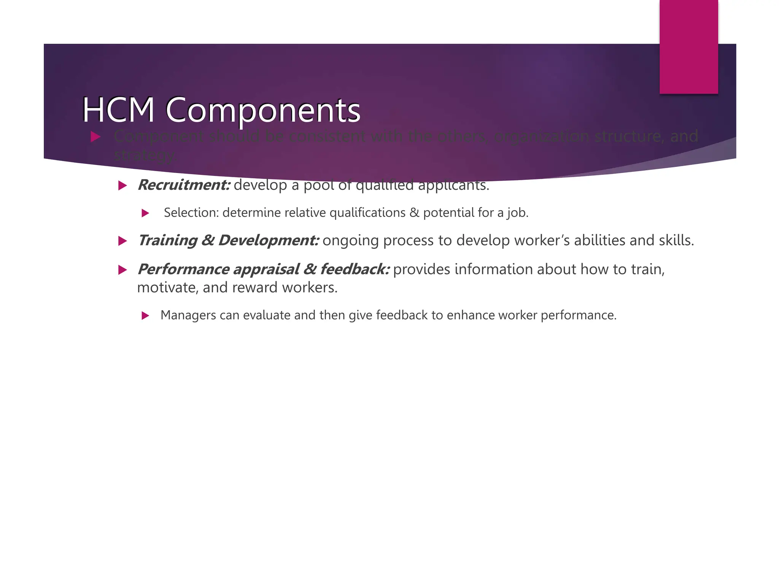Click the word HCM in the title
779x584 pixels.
click(x=118, y=110)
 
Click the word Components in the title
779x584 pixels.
click(x=263, y=111)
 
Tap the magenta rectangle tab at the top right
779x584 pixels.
click(x=688, y=46)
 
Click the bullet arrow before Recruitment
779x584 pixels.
click(x=122, y=186)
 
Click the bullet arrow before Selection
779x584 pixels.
click(x=145, y=213)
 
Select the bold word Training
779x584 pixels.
click(x=168, y=241)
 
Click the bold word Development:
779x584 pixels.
click(x=269, y=241)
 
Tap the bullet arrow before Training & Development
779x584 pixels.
click(x=122, y=241)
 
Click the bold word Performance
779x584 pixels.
click(x=183, y=270)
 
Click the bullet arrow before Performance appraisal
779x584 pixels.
click(x=122, y=270)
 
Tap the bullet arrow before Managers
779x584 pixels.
click(x=145, y=316)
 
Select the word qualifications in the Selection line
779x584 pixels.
click(x=367, y=213)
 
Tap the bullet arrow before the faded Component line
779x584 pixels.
click(x=95, y=137)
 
